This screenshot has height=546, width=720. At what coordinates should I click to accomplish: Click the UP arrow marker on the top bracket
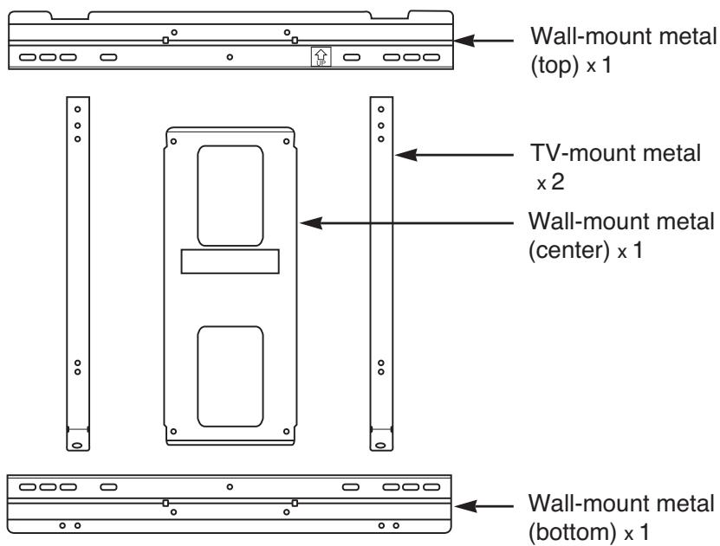(x=321, y=58)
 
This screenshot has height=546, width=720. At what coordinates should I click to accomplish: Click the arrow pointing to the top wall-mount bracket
(x=489, y=40)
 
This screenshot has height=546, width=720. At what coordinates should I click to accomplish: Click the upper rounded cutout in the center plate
(x=230, y=195)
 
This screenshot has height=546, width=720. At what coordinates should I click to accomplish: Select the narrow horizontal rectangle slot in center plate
(x=230, y=262)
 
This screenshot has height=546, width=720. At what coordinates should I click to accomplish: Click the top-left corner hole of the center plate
(x=173, y=140)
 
